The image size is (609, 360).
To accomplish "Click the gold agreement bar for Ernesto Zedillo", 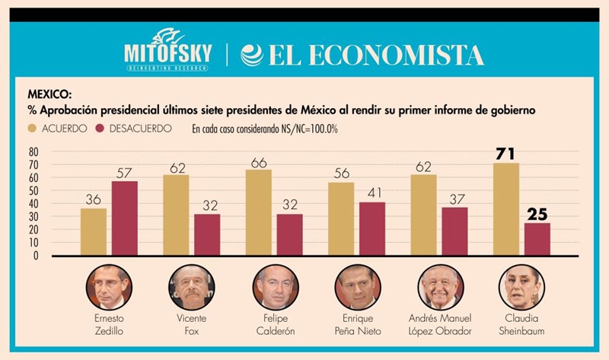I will click(94, 232).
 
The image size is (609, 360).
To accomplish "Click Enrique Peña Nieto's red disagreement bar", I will click(373, 228).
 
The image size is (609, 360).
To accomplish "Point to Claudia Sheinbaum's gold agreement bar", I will click(506, 209).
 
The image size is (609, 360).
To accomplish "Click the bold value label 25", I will click(537, 214).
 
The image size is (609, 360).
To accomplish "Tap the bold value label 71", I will click(506, 155).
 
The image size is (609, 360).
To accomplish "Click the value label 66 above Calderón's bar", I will click(259, 161).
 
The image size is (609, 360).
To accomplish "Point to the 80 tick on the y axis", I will click(33, 151).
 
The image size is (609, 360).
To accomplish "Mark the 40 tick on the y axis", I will click(33, 204).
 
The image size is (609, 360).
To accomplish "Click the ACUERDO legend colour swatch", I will click(33, 129).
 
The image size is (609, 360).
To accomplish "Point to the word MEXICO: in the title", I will click(50, 96).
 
